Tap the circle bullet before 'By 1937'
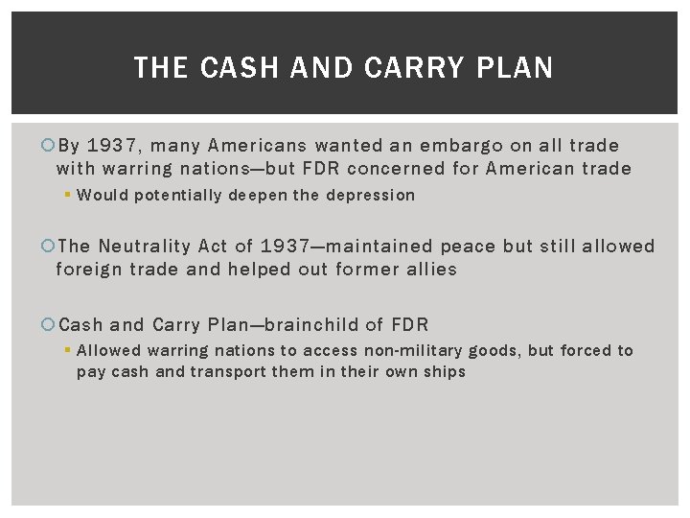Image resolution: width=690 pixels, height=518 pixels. [50, 146]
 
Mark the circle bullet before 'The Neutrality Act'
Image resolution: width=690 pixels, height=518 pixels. [50, 247]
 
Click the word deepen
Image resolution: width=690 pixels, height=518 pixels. [264, 196]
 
